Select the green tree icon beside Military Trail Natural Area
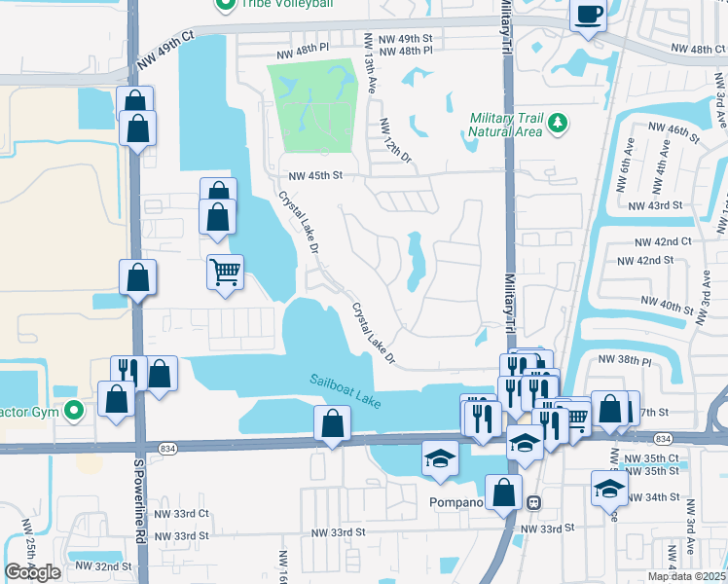557,123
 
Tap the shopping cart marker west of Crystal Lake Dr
225,272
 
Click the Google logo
32,572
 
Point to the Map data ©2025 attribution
686,576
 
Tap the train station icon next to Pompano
532,502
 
